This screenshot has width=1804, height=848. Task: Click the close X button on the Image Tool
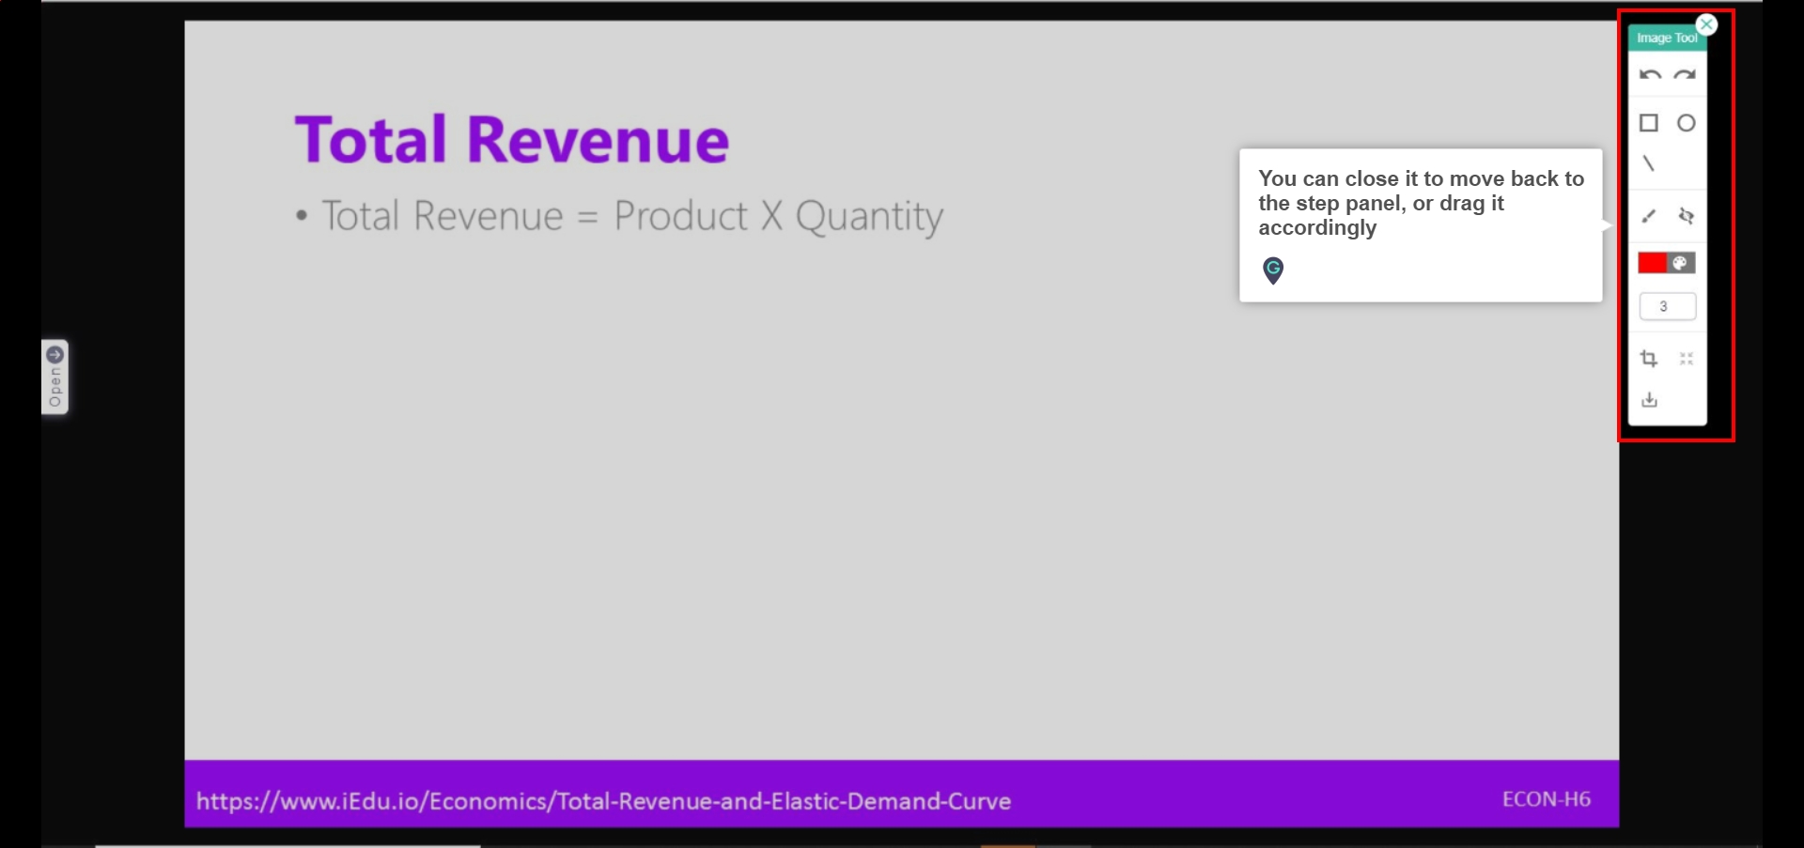pos(1707,25)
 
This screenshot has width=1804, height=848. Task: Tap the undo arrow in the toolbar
pos(1650,75)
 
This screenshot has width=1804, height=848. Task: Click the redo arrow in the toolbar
pos(1686,75)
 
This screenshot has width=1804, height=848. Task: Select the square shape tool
pos(1649,123)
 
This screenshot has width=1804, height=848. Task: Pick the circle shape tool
pos(1687,123)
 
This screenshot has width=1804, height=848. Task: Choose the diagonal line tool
pos(1649,163)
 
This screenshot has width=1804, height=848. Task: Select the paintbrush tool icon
pos(1649,216)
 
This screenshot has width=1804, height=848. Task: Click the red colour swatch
pos(1653,263)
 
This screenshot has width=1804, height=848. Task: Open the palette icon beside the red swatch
pos(1681,263)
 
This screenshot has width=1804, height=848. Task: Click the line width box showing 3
pos(1668,306)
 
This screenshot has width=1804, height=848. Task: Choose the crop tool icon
pos(1649,359)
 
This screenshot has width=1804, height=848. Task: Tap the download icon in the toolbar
pos(1650,400)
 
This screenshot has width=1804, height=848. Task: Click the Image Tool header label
pos(1667,39)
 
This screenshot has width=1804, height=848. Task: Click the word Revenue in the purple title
pos(598,140)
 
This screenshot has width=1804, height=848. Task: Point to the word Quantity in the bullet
pos(869,217)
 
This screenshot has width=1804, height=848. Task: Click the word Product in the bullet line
pos(681,215)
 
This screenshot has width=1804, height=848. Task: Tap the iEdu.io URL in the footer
pos(603,801)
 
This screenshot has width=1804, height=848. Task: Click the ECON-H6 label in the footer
pos(1547,799)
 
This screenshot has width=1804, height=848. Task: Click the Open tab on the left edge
pos(55,377)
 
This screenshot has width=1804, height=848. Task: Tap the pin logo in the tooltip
pos(1273,270)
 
